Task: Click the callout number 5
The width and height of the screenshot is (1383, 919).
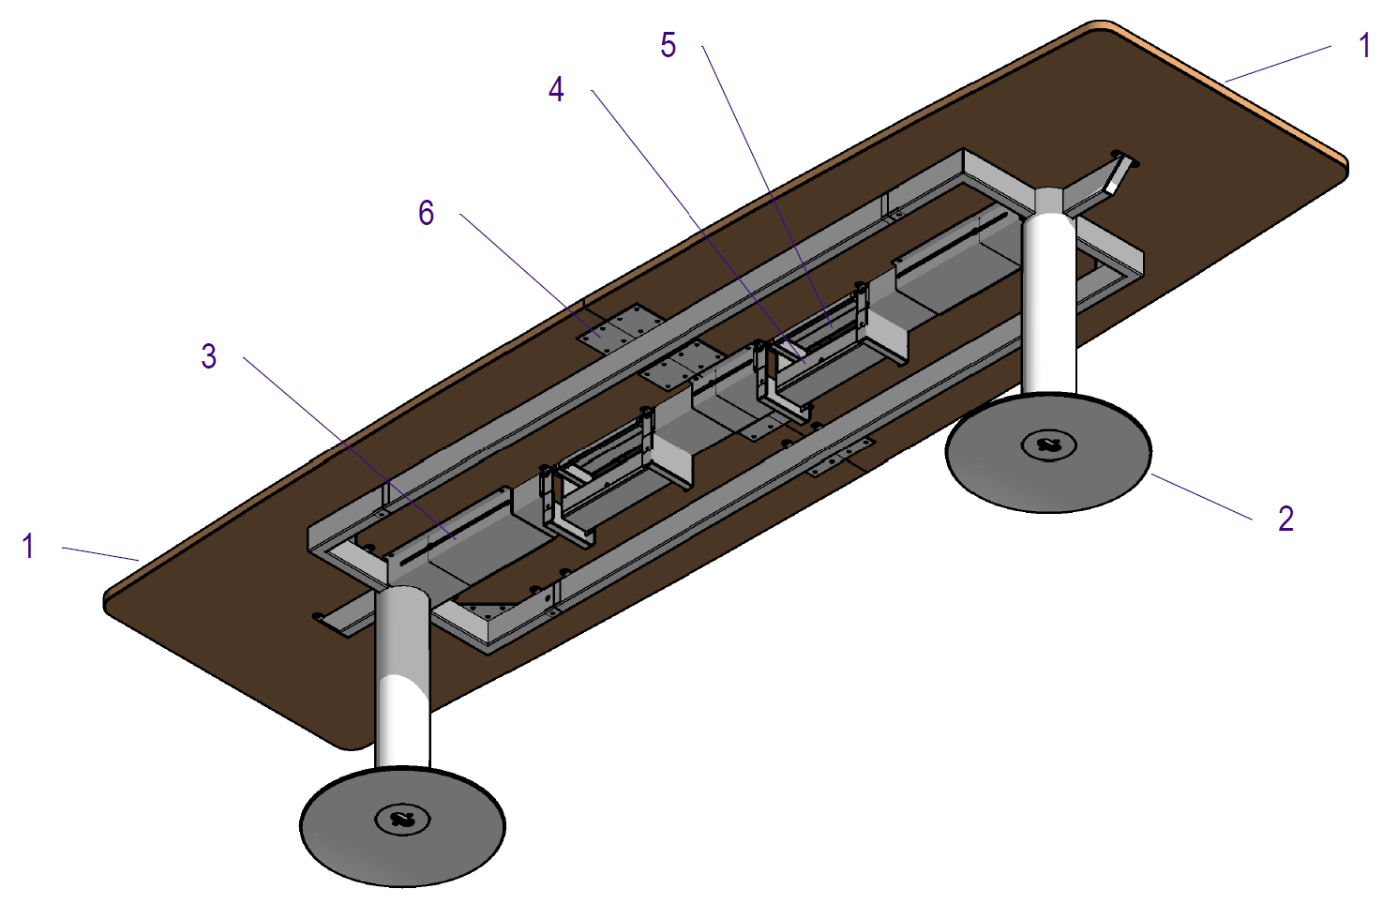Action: coord(668,45)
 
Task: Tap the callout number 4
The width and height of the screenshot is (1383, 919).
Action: coord(556,90)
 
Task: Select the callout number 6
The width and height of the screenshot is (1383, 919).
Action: coord(426,213)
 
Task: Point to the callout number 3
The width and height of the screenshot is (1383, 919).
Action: coord(209,356)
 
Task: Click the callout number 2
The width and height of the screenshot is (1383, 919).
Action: coord(1286,519)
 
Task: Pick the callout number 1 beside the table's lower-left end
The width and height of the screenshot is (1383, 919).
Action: coord(28,547)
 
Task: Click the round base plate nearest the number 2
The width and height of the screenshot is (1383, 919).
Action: coord(1048,452)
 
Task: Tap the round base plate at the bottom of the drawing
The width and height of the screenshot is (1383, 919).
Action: coord(402,827)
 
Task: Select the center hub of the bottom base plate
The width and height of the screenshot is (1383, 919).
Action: coord(403,820)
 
